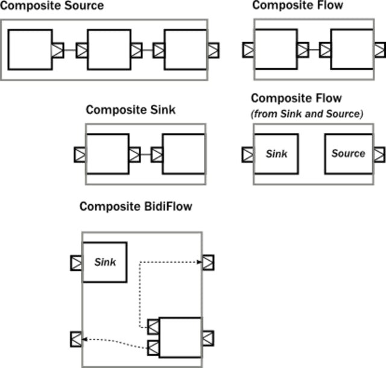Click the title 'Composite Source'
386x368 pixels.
52,6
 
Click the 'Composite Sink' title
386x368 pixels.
130,110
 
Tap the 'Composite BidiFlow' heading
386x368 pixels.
136,207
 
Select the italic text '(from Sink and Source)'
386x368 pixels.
307,114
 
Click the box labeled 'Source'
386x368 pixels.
348,154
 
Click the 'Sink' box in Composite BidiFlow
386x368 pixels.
105,263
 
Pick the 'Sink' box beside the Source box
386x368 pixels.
276,154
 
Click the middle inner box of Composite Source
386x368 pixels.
109,50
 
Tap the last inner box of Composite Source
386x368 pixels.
186,50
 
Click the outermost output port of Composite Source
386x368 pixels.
213,50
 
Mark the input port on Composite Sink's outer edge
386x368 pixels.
80,155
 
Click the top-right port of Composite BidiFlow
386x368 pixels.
208,263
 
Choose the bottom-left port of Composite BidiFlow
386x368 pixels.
76,339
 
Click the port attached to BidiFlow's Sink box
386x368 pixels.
76,263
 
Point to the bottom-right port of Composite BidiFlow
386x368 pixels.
208,337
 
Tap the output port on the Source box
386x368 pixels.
378,154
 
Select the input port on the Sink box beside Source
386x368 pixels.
247,154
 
